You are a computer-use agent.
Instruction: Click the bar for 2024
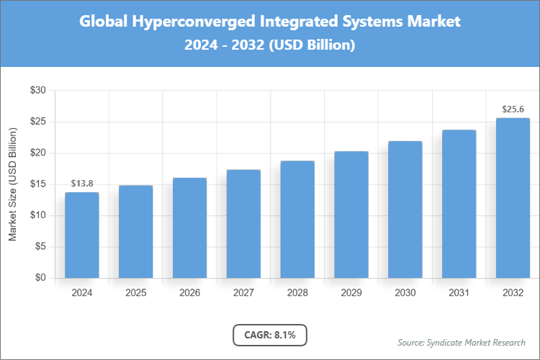click(81, 235)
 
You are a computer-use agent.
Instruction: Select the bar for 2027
click(243, 224)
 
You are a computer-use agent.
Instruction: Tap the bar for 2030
click(405, 210)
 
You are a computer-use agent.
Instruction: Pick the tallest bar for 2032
click(513, 198)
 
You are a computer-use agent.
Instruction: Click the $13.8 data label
click(81, 184)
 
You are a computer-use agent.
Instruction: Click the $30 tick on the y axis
click(37, 91)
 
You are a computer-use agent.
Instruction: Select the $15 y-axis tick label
click(37, 184)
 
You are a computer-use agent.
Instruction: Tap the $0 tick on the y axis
click(40, 278)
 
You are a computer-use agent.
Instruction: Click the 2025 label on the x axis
click(135, 293)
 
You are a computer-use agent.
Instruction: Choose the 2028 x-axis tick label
click(297, 293)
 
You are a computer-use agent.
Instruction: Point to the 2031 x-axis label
click(459, 293)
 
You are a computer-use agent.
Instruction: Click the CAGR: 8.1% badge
click(270, 335)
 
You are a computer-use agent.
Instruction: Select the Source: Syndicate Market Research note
click(462, 342)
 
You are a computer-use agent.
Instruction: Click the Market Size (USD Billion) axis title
click(12, 184)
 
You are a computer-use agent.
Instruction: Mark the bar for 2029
click(351, 215)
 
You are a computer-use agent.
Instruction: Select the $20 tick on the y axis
click(37, 153)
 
